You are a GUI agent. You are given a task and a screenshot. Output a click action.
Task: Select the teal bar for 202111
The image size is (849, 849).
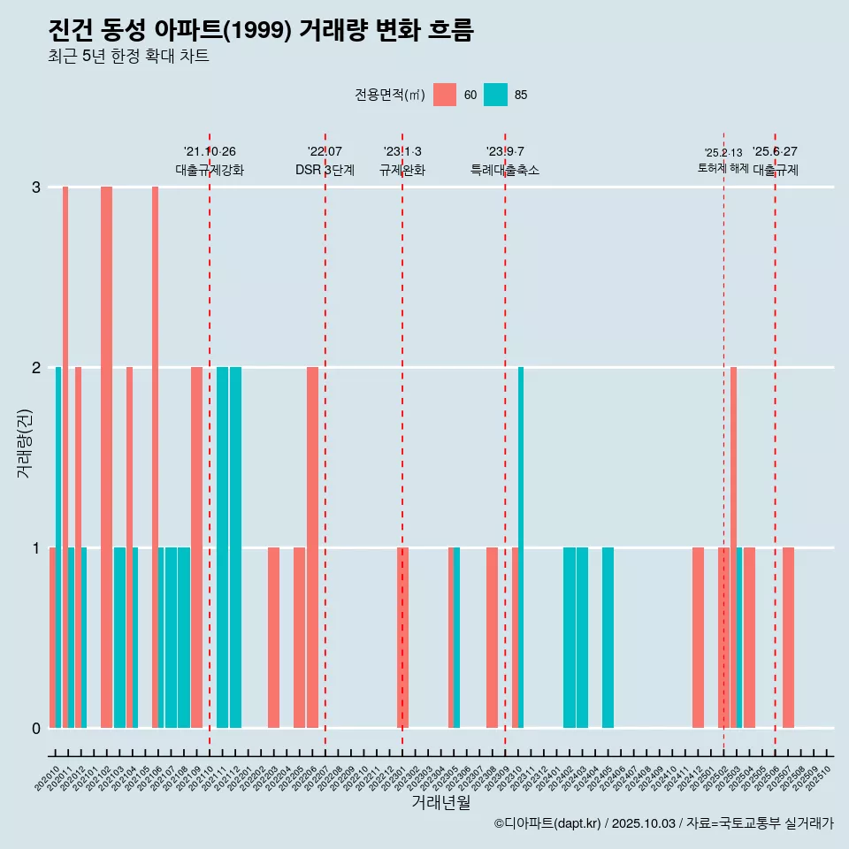coord(222,547)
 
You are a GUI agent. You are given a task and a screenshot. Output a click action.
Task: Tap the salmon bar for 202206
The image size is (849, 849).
coord(312,547)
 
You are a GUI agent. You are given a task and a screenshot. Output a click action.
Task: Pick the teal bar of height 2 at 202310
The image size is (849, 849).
coord(521,547)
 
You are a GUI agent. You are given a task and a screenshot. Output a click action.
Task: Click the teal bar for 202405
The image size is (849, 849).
coord(608,638)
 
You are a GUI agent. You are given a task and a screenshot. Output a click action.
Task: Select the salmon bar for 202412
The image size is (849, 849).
coord(698,638)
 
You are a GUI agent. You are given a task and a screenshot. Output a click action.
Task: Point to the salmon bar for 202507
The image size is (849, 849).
coord(788,638)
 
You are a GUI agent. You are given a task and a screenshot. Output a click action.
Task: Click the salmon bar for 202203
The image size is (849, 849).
coord(273,638)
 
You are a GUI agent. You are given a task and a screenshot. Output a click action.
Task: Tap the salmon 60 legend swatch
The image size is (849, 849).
coord(445,95)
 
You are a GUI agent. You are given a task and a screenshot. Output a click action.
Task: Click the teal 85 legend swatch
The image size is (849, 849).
coord(495,95)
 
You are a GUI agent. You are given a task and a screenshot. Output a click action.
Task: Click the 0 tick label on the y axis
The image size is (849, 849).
coord(36,729)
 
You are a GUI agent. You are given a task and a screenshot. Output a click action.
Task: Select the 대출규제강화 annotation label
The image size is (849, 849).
coord(210,170)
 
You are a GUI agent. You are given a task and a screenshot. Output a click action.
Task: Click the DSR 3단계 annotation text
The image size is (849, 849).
coord(325,170)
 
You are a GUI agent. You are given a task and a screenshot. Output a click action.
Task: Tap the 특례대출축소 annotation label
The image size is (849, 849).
coord(504,170)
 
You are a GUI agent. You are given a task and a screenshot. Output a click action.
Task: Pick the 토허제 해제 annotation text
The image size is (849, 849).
coord(723,168)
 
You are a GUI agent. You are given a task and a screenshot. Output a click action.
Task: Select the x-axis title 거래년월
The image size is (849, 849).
coord(440,803)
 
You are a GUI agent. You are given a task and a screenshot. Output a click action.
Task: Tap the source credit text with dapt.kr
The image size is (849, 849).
coord(663,823)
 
